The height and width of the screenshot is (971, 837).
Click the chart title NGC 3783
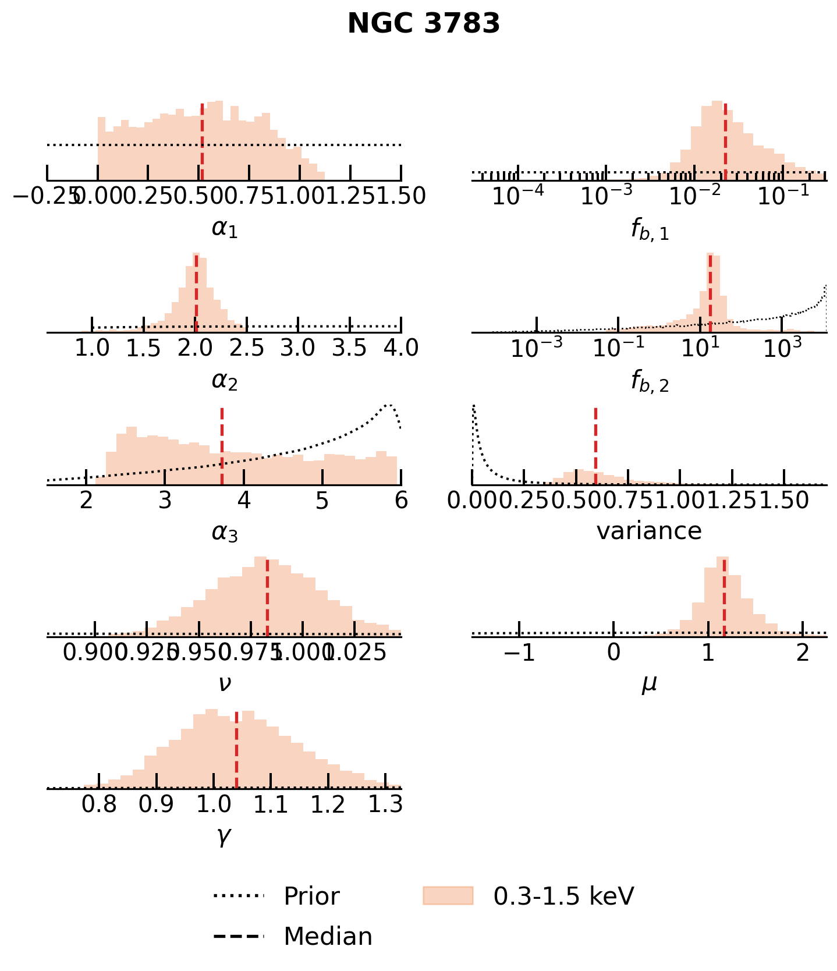click(423, 24)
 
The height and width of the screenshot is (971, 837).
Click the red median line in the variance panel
click(595, 445)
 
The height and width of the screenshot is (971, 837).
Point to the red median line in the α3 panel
click(222, 445)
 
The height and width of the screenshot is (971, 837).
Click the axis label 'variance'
click(649, 531)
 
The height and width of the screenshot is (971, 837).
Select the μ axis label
click(649, 683)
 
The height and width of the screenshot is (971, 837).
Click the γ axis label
click(224, 836)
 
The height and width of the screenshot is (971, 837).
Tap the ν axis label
click(224, 683)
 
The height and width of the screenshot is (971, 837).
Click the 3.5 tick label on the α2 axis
click(349, 348)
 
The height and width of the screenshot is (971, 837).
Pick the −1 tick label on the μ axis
click(519, 653)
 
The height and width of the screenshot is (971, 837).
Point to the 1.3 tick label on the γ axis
click(386, 805)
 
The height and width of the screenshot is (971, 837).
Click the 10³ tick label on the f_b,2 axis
click(790, 348)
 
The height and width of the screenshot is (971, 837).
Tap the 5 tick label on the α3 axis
click(322, 501)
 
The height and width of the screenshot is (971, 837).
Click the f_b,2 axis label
click(649, 381)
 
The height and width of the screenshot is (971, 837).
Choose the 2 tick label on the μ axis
click(803, 653)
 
